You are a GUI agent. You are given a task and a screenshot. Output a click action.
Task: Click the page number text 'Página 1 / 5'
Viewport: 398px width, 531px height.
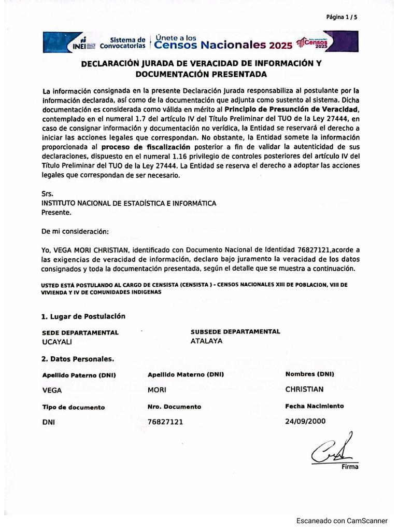click(342, 17)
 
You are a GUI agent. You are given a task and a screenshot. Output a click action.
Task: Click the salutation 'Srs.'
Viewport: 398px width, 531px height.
click(47, 194)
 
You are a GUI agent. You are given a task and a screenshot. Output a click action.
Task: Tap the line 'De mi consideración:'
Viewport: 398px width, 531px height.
click(75, 231)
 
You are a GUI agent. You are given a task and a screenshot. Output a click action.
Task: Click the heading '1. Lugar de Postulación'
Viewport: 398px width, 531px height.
click(83, 316)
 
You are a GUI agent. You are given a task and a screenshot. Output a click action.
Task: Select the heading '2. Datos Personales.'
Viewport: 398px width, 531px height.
click(78, 358)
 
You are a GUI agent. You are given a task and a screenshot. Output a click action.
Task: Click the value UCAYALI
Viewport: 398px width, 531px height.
click(56, 342)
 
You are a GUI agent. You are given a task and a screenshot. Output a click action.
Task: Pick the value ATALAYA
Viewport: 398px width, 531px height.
click(206, 341)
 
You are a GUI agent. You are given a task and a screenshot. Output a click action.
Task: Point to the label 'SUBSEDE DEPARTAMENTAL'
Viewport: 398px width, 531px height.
click(235, 331)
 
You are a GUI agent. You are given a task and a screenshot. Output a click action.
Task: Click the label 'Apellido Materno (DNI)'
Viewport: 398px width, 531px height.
click(186, 374)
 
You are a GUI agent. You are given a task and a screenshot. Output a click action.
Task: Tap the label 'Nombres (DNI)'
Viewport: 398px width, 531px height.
click(309, 374)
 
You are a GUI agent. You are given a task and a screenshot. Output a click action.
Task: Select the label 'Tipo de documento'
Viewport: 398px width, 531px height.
click(73, 407)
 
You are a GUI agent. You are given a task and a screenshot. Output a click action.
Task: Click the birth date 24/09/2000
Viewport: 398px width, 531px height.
click(305, 421)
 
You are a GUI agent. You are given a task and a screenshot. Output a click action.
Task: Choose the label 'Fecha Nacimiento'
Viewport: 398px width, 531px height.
click(314, 406)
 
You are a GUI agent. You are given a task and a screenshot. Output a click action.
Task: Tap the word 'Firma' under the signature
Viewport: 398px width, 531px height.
click(349, 467)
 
